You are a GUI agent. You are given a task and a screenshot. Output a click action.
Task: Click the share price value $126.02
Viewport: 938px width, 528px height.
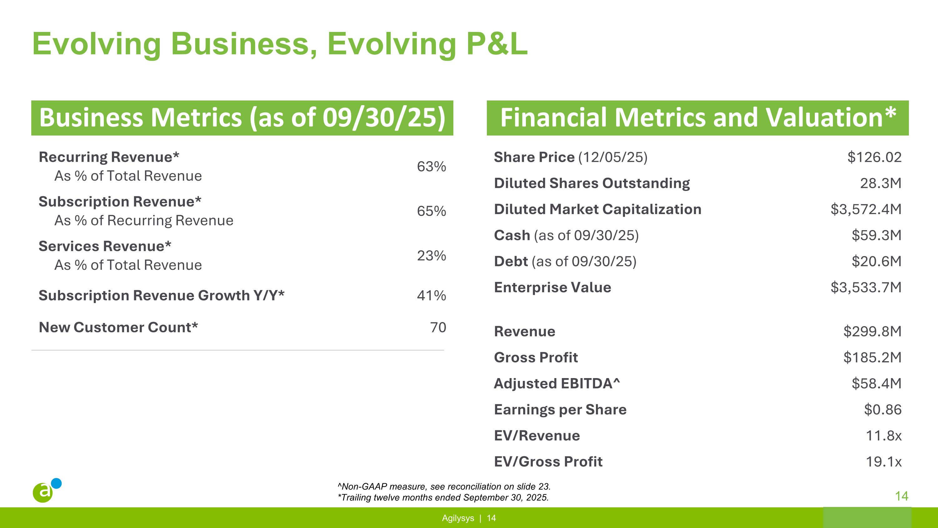tap(874, 157)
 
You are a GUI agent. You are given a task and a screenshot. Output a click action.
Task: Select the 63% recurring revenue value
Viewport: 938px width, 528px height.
tap(431, 167)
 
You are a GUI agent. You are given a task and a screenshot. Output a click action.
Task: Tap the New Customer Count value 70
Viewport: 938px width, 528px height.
tap(438, 327)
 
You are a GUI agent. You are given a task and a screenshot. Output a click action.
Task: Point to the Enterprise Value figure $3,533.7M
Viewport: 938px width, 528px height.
tap(865, 287)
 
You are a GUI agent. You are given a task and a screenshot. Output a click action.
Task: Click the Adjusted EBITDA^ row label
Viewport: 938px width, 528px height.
tap(557, 383)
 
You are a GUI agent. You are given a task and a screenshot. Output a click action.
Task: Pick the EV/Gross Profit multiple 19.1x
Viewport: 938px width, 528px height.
tap(883, 462)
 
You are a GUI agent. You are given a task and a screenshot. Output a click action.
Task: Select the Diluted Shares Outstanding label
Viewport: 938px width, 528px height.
tap(591, 183)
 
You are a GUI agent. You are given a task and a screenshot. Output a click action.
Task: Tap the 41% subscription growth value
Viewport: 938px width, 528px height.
tap(431, 295)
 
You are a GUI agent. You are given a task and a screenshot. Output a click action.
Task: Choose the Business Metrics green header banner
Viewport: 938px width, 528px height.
tap(242, 118)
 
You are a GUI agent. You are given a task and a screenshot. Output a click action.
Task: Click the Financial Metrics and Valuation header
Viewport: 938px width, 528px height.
tap(697, 118)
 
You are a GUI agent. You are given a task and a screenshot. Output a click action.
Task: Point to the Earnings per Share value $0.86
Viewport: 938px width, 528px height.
tap(882, 410)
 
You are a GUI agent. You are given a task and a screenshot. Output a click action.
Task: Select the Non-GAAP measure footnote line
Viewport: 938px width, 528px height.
tap(444, 486)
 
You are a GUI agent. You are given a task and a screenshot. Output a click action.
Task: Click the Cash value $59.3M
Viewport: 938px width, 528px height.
tap(876, 235)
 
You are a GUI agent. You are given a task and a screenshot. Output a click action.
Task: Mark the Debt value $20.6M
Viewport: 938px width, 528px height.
tap(876, 261)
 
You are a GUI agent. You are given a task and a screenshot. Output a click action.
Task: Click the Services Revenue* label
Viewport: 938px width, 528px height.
tap(105, 246)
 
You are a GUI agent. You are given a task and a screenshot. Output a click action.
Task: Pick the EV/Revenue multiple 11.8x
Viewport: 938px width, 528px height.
tap(883, 435)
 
